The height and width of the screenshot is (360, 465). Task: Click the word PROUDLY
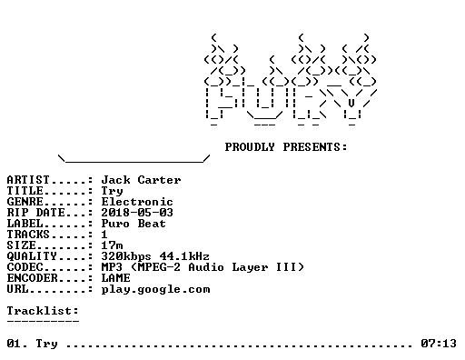coord(250,147)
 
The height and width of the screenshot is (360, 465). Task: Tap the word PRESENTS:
coord(315,147)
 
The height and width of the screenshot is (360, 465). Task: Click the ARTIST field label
coord(28,180)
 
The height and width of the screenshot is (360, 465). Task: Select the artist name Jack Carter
coord(141,180)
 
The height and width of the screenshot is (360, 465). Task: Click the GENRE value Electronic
coord(137,202)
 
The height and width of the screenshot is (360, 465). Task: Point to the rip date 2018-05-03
coord(137,213)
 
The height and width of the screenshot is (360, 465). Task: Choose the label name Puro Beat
coord(134,224)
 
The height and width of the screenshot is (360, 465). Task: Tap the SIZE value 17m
coord(112,245)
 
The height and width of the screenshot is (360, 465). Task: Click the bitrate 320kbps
coord(126,256)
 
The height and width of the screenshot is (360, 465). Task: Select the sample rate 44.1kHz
coord(184,256)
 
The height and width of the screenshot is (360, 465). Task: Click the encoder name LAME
coord(115,278)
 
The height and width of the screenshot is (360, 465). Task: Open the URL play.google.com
coord(155,289)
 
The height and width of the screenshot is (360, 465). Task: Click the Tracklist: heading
coord(43,311)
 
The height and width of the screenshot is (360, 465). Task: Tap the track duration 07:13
coord(439,344)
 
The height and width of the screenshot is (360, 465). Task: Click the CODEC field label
coord(25,267)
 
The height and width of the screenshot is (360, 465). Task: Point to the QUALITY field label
coord(32,256)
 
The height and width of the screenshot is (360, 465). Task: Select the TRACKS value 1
coord(104,235)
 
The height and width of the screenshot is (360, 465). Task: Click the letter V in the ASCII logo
coord(351,103)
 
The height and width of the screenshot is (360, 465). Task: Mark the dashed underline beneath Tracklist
coord(43,321)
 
